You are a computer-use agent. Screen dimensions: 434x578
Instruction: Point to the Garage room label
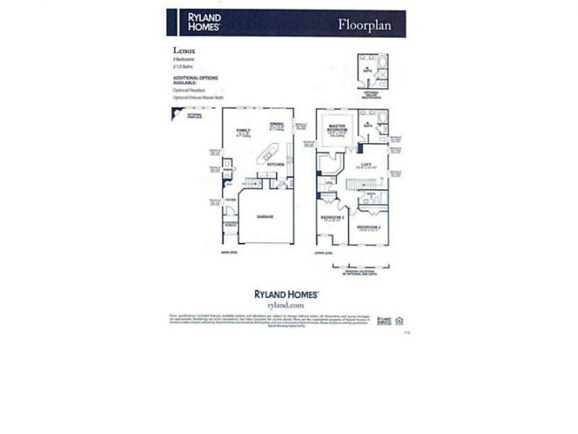click(265, 217)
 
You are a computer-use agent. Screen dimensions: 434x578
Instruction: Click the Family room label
click(243, 131)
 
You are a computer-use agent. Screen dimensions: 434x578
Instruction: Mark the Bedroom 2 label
click(369, 228)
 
